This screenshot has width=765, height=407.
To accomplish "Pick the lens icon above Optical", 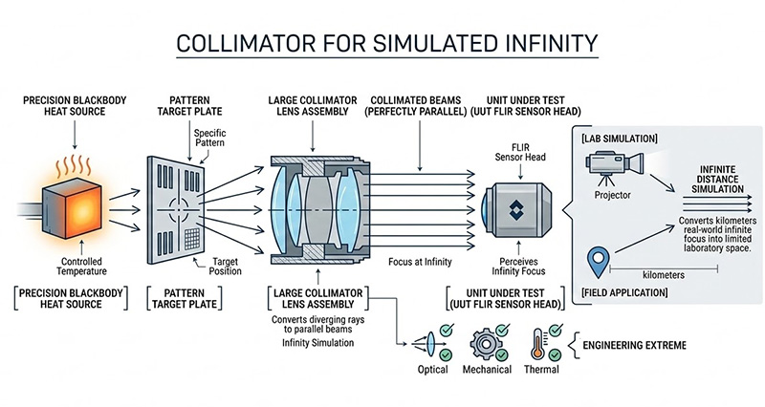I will (x=426, y=344).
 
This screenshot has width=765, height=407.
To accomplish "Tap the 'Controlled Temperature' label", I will (x=67, y=264).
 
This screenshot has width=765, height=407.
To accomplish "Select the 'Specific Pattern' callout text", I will (x=227, y=138).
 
